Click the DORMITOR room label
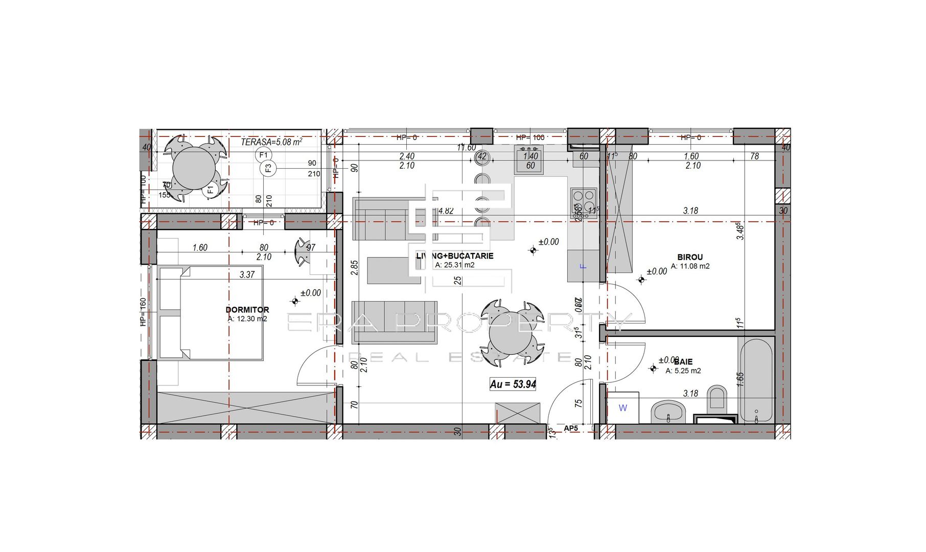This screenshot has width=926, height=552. tap(247, 310)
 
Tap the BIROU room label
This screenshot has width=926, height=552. tap(690, 257)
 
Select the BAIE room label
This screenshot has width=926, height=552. tap(683, 361)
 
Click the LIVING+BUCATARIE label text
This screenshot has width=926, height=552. tap(455, 256)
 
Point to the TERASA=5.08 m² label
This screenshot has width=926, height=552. tap(271, 142)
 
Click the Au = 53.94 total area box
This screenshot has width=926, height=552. tap(513, 384)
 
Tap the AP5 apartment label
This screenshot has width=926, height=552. tap(571, 428)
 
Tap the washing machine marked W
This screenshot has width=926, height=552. tap(623, 408)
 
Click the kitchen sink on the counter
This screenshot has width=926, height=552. tap(529, 159)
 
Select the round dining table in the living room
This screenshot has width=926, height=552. tap(511, 333)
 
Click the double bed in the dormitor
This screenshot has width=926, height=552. tap(211, 312)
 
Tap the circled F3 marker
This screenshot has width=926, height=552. tap(268, 168)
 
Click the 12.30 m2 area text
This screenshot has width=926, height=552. tap(247, 319)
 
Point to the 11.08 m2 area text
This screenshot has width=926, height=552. tap(690, 266)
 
